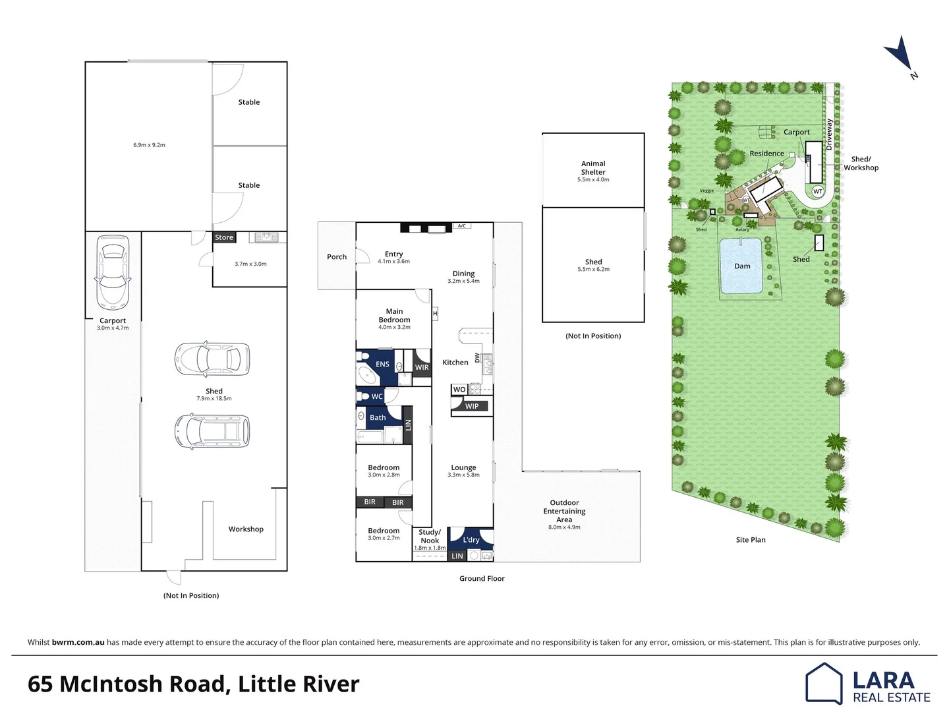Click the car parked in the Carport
(113, 272)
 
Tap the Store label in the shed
(224, 237)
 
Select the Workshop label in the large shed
(246, 529)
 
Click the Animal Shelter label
(593, 167)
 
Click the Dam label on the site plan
(742, 266)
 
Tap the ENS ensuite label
(382, 364)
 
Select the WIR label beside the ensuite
(422, 367)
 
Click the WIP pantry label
(472, 406)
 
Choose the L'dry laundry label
(471, 539)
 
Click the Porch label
(337, 256)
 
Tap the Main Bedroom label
(394, 315)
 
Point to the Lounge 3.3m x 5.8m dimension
(463, 475)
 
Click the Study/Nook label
(430, 536)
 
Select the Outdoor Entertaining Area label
(564, 511)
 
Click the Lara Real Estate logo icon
(824, 684)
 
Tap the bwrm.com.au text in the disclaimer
(78, 642)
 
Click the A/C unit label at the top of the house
(462, 226)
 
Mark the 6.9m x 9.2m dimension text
(149, 145)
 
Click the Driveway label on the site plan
(829, 135)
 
